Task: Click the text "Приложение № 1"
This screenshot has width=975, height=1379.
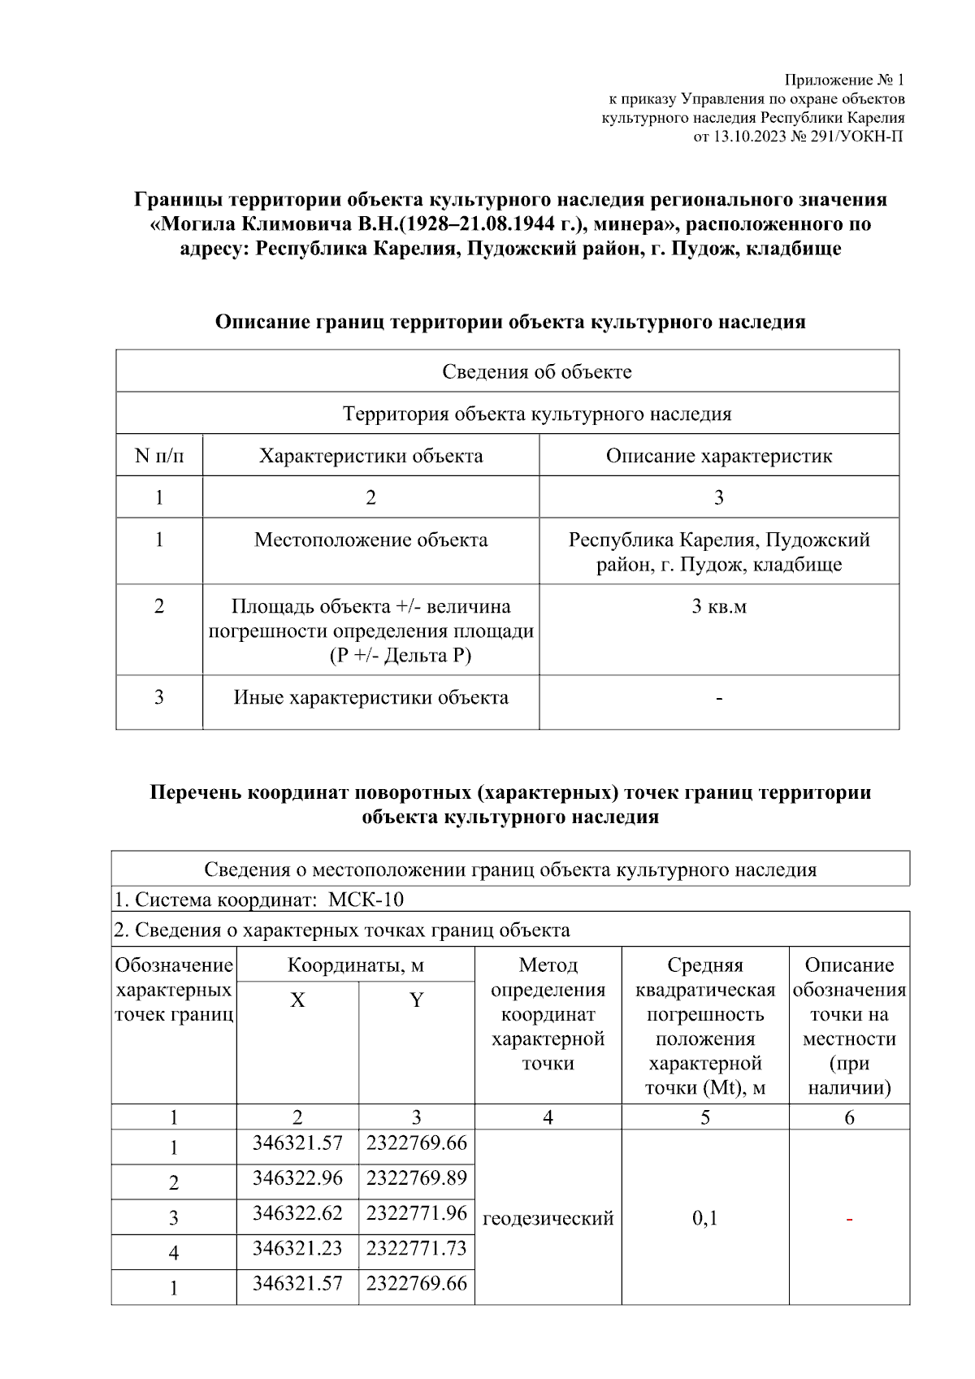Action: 843,80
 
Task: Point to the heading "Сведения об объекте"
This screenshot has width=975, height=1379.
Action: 536,372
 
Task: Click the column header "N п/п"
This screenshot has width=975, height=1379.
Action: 159,456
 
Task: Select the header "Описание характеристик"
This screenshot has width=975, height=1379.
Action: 718,456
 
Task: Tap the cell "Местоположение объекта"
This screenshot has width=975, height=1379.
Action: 370,540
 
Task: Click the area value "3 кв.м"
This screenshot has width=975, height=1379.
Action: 718,606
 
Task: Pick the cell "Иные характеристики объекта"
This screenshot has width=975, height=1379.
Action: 370,697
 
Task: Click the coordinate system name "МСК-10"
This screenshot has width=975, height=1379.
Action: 366,900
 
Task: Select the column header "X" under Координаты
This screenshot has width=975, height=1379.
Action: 297,1000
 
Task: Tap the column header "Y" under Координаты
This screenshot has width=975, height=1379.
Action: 416,1000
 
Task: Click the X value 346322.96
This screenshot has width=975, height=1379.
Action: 297,1177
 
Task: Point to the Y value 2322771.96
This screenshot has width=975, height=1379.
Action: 416,1212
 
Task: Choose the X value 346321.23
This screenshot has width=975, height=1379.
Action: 297,1247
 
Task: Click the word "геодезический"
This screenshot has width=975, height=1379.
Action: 548,1218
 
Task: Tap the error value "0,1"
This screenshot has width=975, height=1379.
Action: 704,1218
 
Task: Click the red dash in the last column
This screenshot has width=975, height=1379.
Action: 849,1219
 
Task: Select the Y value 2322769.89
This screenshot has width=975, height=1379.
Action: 416,1177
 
